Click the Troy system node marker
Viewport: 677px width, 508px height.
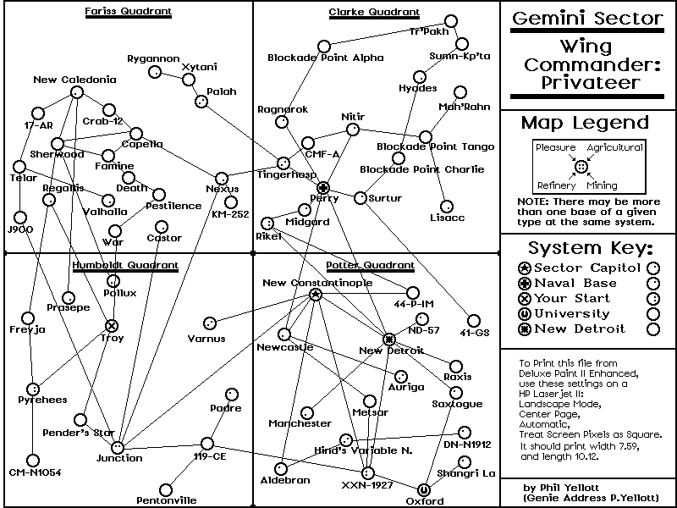coord(112,326)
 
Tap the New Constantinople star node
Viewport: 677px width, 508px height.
coord(316,295)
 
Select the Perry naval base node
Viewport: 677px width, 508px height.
coord(323,188)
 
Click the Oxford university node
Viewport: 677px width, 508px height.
coord(424,490)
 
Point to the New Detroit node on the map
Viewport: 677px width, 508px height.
coord(389,340)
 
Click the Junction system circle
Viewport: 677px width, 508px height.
coord(118,448)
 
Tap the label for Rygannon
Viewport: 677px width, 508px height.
coord(153,58)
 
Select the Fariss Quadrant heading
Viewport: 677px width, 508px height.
coord(129,11)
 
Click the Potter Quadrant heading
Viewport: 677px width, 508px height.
coord(370,265)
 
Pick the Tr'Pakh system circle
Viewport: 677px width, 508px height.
coord(451,20)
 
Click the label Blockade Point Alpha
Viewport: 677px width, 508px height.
coord(326,58)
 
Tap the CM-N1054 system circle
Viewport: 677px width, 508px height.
coord(33,461)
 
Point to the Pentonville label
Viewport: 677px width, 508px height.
coord(166,500)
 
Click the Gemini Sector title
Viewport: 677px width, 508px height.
coord(586,18)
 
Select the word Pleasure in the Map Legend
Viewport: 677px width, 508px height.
coord(556,147)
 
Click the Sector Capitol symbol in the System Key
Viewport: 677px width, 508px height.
coord(524,268)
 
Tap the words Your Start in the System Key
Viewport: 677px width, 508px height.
coord(572,298)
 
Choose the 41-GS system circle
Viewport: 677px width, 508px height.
coord(474,321)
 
